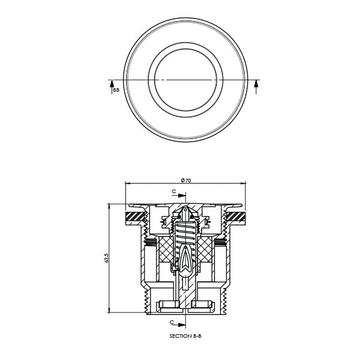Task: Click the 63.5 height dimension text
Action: [107, 257]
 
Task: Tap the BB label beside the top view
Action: [116, 89]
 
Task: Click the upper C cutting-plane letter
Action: [174, 192]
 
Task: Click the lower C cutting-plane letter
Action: [174, 322]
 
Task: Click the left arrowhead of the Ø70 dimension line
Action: [127, 184]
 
